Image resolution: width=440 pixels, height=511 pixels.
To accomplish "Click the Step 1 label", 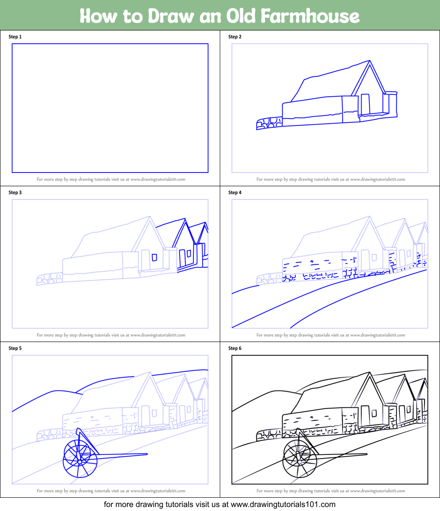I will (15, 37).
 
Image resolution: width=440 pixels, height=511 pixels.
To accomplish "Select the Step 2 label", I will (235, 37).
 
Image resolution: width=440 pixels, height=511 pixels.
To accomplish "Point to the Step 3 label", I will (15, 192).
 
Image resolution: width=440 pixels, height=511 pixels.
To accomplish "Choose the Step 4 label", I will (235, 192).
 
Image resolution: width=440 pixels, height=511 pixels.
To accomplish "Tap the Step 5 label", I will (15, 348).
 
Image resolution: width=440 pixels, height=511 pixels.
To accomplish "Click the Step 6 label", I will (235, 348).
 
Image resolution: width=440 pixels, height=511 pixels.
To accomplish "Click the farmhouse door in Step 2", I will (365, 105).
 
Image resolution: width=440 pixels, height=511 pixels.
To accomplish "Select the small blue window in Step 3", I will (154, 257).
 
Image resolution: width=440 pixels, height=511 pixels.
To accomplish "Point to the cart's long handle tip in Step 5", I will (146, 454).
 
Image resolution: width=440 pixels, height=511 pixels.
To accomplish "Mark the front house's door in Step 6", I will (365, 416).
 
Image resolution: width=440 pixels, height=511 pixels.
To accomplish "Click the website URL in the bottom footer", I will (283, 504).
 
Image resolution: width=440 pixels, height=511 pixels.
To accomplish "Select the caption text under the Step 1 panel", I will (111, 180).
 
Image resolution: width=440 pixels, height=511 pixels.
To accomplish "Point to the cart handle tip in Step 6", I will (366, 454).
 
